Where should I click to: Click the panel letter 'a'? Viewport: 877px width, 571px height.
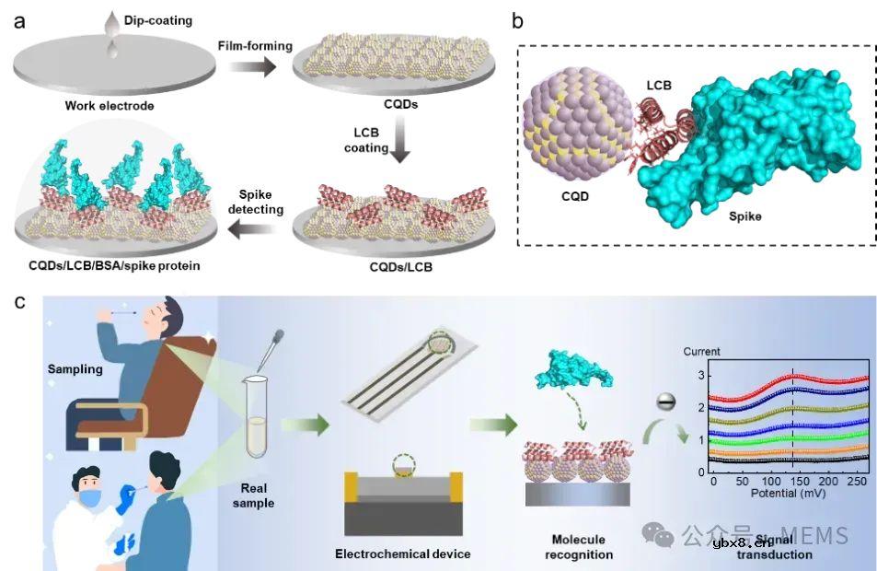(x=19, y=19)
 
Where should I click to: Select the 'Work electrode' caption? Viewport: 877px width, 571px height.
(x=109, y=106)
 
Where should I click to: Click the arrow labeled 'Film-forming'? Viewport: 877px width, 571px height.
(x=251, y=66)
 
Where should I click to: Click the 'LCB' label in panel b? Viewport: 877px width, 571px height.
(x=658, y=86)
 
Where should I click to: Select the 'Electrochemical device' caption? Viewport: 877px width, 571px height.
(x=402, y=554)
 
